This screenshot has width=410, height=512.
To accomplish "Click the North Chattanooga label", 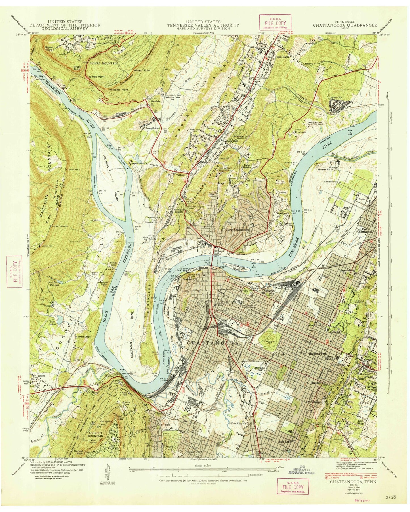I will coord(237,230).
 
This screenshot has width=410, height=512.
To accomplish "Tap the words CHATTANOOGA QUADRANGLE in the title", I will coord(345,25).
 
